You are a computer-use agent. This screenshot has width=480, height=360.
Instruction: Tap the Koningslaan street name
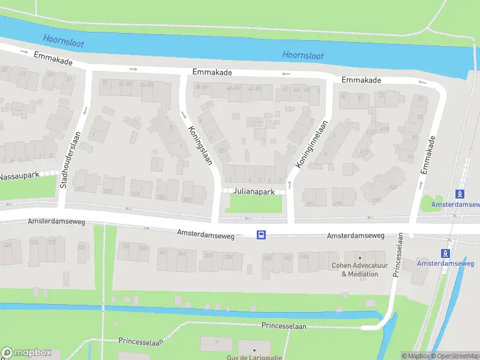point(201,145)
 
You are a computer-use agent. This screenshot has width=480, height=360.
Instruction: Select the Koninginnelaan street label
point(311,145)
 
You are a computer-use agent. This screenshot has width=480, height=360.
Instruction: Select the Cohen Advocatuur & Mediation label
point(360,269)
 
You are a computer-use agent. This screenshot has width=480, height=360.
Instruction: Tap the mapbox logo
point(27,353)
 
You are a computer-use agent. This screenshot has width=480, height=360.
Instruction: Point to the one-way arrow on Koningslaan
point(182,115)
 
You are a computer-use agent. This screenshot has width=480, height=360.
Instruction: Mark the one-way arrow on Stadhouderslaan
point(85,110)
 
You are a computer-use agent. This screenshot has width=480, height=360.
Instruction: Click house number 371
point(79,190)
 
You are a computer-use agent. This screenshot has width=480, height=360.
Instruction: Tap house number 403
point(392,188)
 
